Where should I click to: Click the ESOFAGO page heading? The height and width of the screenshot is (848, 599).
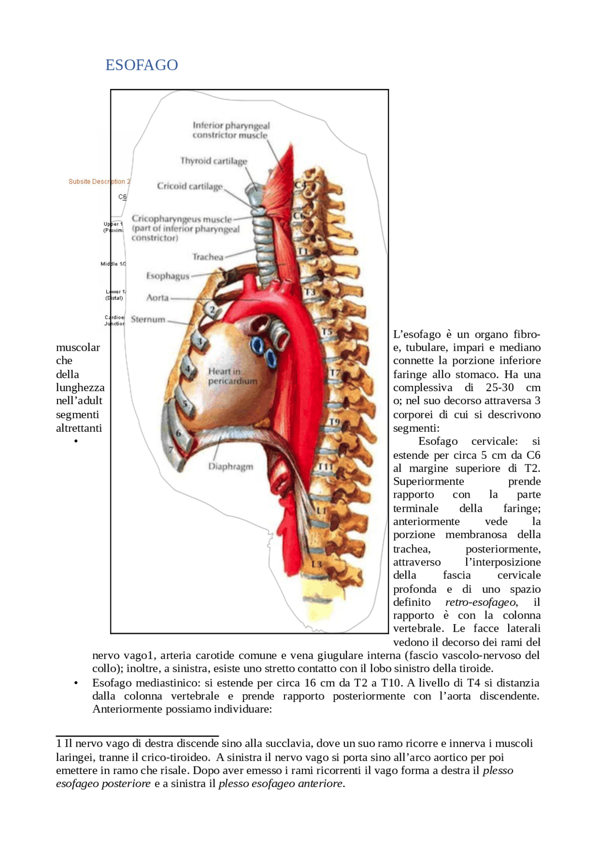pyautogui.click(x=141, y=65)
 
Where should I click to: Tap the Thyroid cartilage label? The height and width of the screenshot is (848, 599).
pyautogui.click(x=213, y=161)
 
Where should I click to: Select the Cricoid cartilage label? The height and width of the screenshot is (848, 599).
pyautogui.click(x=190, y=186)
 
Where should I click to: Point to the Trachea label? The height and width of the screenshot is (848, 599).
pyautogui.click(x=208, y=257)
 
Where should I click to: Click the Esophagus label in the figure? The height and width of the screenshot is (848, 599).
pyautogui.click(x=168, y=276)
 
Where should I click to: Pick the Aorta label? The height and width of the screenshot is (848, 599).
pyautogui.click(x=157, y=298)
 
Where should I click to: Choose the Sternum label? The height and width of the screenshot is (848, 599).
pyautogui.click(x=148, y=319)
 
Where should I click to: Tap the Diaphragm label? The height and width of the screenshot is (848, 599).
pyautogui.click(x=230, y=466)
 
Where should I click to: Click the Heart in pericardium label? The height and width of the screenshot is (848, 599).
pyautogui.click(x=233, y=376)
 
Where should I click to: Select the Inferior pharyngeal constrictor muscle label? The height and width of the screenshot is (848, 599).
pyautogui.click(x=231, y=130)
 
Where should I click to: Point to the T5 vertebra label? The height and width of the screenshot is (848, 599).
pyautogui.click(x=327, y=332)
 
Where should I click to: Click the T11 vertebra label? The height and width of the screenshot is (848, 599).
pyautogui.click(x=325, y=467)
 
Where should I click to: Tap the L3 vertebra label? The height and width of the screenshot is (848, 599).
pyautogui.click(x=316, y=564)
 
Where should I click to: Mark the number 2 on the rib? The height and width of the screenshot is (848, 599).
pyautogui.click(x=212, y=310)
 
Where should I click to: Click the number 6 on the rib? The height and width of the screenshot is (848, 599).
pyautogui.click(x=178, y=433)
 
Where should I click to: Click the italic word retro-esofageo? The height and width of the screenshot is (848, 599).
pyautogui.click(x=481, y=602)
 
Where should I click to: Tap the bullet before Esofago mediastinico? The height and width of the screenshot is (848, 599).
pyautogui.click(x=76, y=683)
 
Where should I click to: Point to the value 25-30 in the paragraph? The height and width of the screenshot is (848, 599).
pyautogui.click(x=499, y=388)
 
